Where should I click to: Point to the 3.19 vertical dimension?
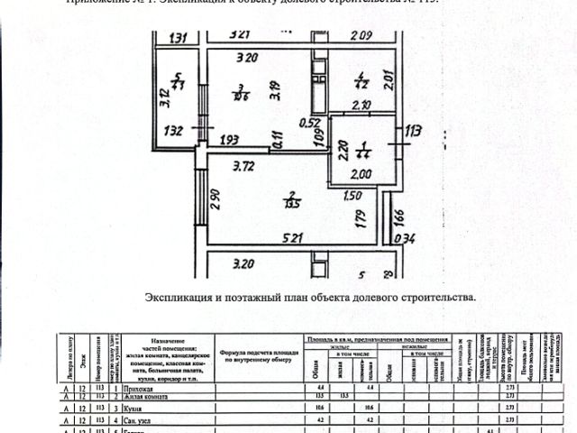click(274, 88)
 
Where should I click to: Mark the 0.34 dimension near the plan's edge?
click(408, 238)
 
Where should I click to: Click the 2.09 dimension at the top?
click(361, 36)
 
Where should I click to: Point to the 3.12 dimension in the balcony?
click(163, 96)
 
